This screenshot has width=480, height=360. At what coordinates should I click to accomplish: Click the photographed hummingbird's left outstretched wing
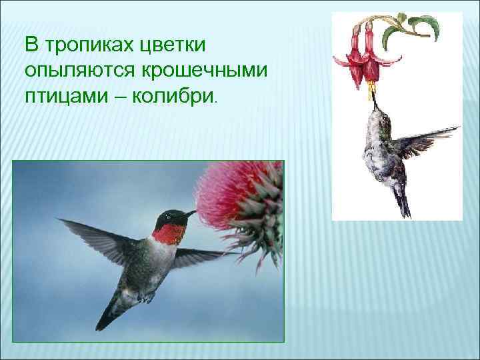(93, 237)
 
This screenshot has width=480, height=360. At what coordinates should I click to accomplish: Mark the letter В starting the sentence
(32, 47)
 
